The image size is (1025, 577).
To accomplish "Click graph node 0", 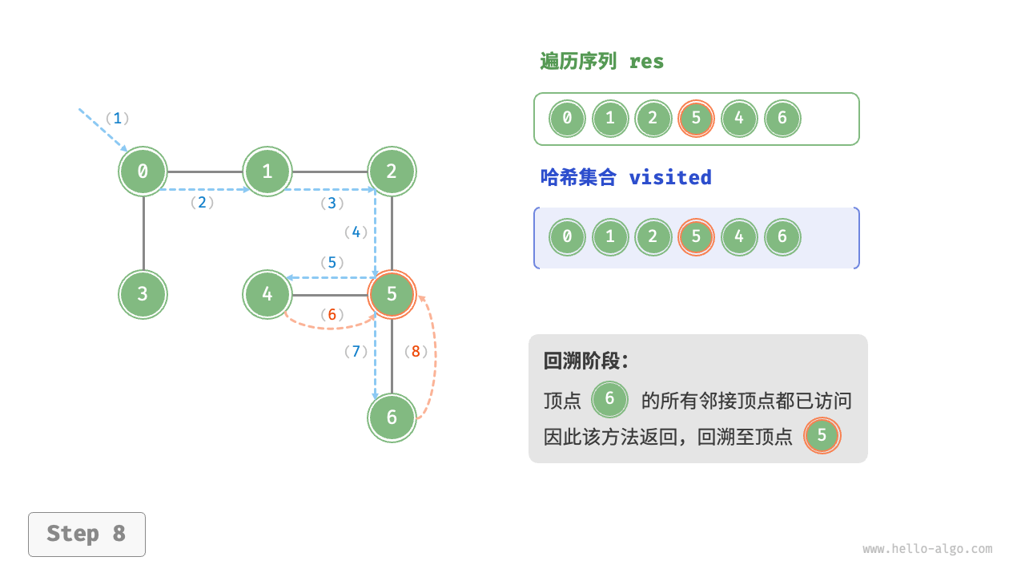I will (143, 171).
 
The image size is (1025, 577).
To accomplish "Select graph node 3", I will (143, 294).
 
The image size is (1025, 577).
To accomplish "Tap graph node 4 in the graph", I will (267, 294).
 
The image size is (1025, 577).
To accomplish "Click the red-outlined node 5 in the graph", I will (392, 294).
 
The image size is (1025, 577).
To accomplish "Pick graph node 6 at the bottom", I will (392, 418).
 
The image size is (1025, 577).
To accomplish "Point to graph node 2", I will (392, 171).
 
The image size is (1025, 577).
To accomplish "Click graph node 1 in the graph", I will (267, 171).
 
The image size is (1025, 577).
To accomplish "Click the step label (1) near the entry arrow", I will (117, 119).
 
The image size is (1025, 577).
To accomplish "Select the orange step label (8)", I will (416, 351).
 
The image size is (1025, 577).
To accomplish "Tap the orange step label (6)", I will (332, 315).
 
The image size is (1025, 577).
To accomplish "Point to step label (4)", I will (356, 232).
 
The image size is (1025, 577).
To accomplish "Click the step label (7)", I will (356, 351).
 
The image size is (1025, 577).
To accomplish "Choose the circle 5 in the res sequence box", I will (696, 119).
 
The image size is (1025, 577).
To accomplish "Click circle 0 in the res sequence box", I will (567, 119).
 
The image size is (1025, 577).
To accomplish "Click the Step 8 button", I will (86, 534).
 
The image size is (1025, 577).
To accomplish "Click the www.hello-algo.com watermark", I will (927, 549).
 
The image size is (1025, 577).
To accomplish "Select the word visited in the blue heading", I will (670, 177).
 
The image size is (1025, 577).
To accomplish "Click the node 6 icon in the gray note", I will (609, 399).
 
